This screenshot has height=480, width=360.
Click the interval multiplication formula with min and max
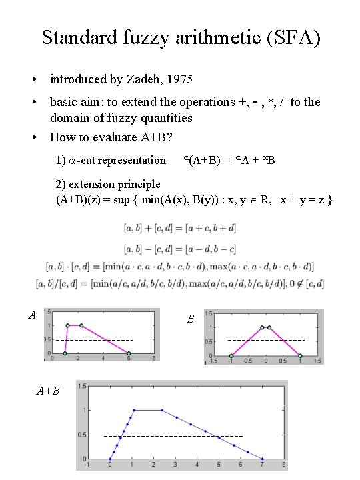(x=180, y=267)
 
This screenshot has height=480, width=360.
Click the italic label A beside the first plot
(x=31, y=315)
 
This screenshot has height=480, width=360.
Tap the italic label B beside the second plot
(x=190, y=319)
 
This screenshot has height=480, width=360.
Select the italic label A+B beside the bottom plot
(x=47, y=391)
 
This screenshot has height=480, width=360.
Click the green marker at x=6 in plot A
(x=129, y=353)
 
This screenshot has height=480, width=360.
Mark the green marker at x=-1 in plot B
(x=231, y=355)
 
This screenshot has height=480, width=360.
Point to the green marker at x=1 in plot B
(x=300, y=355)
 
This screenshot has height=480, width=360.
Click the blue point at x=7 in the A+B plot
(x=263, y=459)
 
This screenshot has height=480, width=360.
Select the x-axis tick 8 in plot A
(x=154, y=359)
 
